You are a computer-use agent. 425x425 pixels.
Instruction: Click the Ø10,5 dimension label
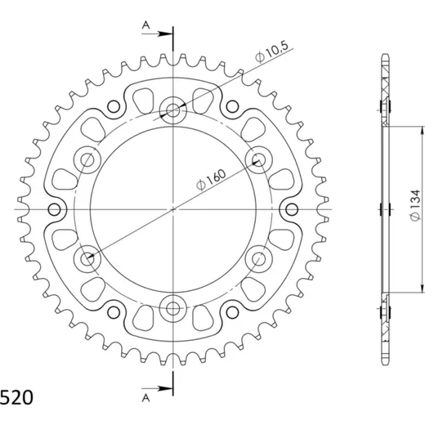pos(271,52)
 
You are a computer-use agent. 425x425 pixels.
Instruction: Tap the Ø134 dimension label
pos(416,205)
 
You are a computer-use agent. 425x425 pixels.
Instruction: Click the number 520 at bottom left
pos(16,398)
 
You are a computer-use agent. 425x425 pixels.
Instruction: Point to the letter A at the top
pos(146,25)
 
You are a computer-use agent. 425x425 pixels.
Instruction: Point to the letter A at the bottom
pos(146,398)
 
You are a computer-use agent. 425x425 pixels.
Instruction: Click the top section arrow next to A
pos(157,34)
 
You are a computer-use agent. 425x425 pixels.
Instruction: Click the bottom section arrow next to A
pos(157,388)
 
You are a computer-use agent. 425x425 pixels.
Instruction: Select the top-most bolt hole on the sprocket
pos(172,110)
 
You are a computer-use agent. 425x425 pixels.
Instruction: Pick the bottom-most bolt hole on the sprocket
pos(172,308)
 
